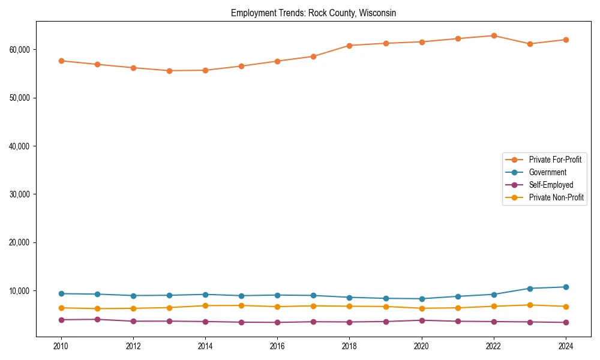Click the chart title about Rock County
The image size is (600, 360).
313,13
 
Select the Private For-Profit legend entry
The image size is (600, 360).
555,160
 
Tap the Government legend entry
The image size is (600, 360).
547,172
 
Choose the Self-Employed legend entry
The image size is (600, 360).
551,185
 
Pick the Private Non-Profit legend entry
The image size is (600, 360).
556,197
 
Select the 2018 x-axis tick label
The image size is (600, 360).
349,346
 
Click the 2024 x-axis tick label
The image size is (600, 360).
566,346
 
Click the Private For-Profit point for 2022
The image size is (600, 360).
494,35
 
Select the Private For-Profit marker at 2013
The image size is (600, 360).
169,71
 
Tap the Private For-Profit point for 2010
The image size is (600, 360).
61,61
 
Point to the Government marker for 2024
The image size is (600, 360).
566,287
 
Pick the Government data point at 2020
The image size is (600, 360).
422,299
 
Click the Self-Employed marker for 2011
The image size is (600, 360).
97,319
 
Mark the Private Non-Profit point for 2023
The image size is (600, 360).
530,305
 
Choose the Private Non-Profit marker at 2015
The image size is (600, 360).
241,305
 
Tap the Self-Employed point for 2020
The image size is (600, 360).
422,320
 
